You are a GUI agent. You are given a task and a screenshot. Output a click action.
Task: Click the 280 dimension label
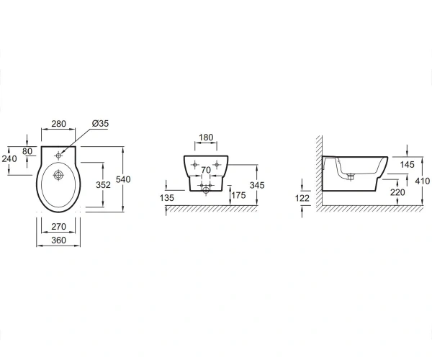click(x=59, y=124)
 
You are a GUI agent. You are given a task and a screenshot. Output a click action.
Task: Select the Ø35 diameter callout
click(x=101, y=123)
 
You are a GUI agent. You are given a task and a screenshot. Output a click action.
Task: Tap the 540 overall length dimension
click(x=123, y=179)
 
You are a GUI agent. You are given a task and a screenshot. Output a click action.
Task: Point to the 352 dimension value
click(x=103, y=185)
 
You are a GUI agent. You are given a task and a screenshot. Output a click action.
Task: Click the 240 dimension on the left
click(x=9, y=158)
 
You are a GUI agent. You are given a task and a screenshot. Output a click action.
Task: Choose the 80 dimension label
click(x=27, y=151)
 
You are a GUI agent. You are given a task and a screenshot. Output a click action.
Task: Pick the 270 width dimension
click(x=59, y=227)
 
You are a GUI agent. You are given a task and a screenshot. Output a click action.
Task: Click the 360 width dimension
click(x=59, y=240)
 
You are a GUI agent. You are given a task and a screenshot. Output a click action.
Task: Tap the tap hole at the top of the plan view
click(x=58, y=156)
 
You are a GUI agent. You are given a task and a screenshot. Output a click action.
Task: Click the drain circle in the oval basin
click(x=58, y=175)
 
